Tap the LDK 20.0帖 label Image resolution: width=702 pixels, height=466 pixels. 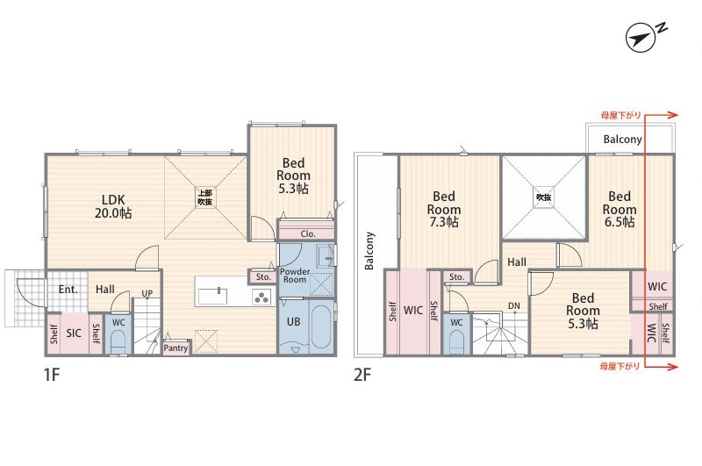coord(113,206)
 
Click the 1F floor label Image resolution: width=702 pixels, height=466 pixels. coord(52,374)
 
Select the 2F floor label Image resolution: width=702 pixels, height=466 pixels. coord(362,374)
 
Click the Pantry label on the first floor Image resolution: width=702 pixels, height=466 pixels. coord(175,348)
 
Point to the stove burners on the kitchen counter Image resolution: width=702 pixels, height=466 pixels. coord(261,297)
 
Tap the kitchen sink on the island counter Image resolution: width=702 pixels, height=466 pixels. coord(212,296)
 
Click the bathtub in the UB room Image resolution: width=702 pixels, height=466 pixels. coord(321,326)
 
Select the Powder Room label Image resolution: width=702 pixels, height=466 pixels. coord(295,276)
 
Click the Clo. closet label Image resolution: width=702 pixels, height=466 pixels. coord(308,233)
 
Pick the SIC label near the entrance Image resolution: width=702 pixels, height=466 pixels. coord(74,333)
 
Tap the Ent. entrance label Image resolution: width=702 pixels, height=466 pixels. coord(68,290)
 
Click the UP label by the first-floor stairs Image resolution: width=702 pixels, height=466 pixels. coord(147,293)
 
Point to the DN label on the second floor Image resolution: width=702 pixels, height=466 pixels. coord(514,306)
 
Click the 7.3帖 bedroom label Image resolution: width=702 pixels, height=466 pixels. coord(444,221)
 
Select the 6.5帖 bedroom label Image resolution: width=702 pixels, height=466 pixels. coord(620,221)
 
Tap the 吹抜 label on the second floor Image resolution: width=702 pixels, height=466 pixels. coord(543,197)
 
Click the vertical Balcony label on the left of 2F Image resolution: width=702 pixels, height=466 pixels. coord(369,251)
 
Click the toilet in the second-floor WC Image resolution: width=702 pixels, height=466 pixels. coord(456,342)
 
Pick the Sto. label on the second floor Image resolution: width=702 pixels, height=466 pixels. coord(456,277)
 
